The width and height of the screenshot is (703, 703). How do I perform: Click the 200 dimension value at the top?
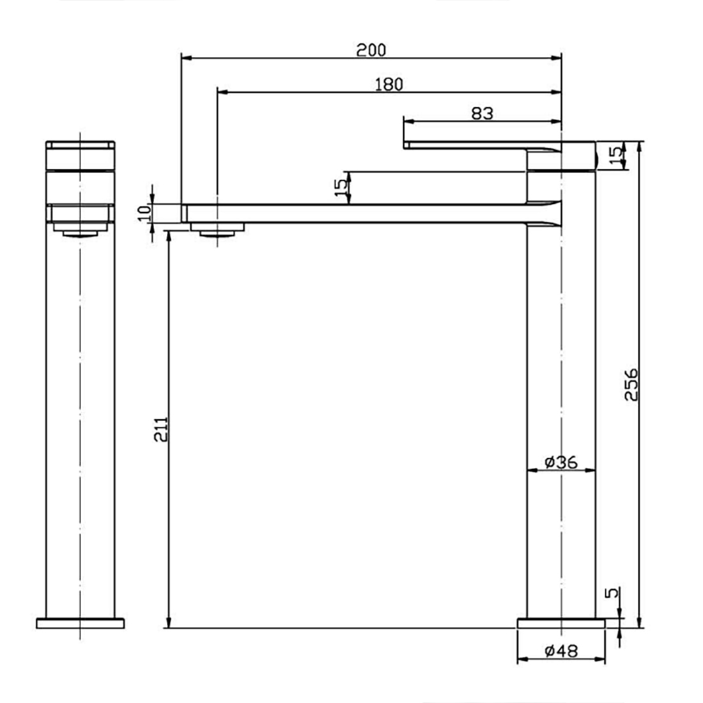point(372,49)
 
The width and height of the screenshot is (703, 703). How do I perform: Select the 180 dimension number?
point(389,84)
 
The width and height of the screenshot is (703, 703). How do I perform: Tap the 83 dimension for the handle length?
point(483,113)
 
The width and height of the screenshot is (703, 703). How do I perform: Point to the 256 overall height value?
point(631,384)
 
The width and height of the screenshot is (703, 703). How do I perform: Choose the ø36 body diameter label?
point(560,461)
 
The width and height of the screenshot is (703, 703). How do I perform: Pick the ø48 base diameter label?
point(560,651)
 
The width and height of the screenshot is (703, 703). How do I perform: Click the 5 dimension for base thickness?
point(612,593)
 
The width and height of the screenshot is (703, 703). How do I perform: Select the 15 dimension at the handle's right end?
point(614,155)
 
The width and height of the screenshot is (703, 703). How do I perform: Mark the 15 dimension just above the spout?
point(342,186)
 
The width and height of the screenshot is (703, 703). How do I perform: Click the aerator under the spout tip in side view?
point(218,229)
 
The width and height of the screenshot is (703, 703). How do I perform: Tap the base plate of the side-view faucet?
point(560,623)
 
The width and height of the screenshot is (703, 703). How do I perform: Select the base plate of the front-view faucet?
point(80,623)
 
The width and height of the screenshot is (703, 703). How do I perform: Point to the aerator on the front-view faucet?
point(80,228)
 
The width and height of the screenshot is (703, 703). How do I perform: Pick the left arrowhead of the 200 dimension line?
point(187,58)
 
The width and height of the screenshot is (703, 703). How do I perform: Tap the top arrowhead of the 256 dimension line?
point(640,145)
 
